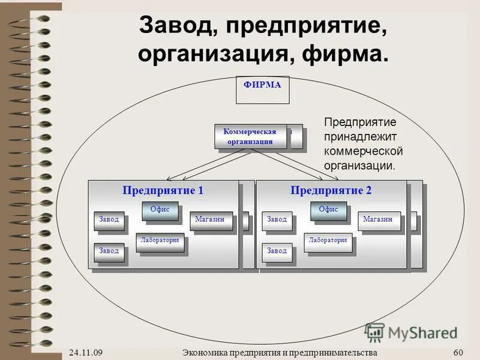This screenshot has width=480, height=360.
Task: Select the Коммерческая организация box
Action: (x=250, y=137)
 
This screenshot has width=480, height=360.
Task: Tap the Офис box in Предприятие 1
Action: (x=160, y=210)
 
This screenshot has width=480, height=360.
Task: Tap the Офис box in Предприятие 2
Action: (x=328, y=210)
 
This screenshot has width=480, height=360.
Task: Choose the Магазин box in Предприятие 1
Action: (x=209, y=220)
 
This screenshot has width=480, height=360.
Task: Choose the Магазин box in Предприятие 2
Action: (x=377, y=220)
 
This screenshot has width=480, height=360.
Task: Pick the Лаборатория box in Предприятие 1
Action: (x=160, y=241)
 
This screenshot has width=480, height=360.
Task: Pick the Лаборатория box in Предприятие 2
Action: (x=328, y=241)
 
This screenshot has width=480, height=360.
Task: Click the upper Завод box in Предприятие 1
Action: (x=109, y=220)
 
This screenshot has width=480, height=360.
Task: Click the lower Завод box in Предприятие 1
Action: (x=109, y=251)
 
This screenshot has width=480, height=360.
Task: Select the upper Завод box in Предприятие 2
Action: (x=277, y=220)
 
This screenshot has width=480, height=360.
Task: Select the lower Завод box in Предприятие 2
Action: (x=277, y=251)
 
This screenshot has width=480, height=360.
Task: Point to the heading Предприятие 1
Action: (x=163, y=191)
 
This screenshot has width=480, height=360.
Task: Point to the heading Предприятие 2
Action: (x=331, y=191)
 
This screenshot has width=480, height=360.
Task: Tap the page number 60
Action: (x=459, y=352)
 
